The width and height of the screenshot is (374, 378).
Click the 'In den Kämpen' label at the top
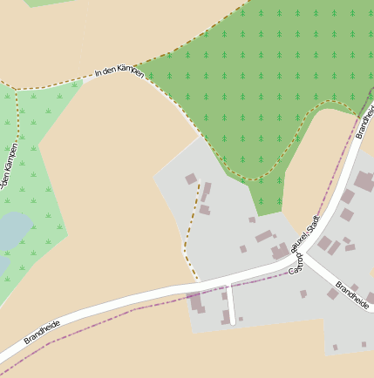[119, 72]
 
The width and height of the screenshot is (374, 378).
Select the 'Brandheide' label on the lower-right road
[353, 295]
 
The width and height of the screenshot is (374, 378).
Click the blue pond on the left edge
[10, 232]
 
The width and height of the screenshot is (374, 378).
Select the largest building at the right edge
[364, 181]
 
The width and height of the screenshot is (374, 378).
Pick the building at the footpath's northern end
[191, 179]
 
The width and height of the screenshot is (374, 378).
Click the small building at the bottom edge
[335, 348]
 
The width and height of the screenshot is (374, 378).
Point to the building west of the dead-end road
[196, 302]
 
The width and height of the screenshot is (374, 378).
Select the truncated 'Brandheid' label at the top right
[365, 122]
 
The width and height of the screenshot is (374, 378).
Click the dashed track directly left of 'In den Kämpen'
[52, 84]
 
